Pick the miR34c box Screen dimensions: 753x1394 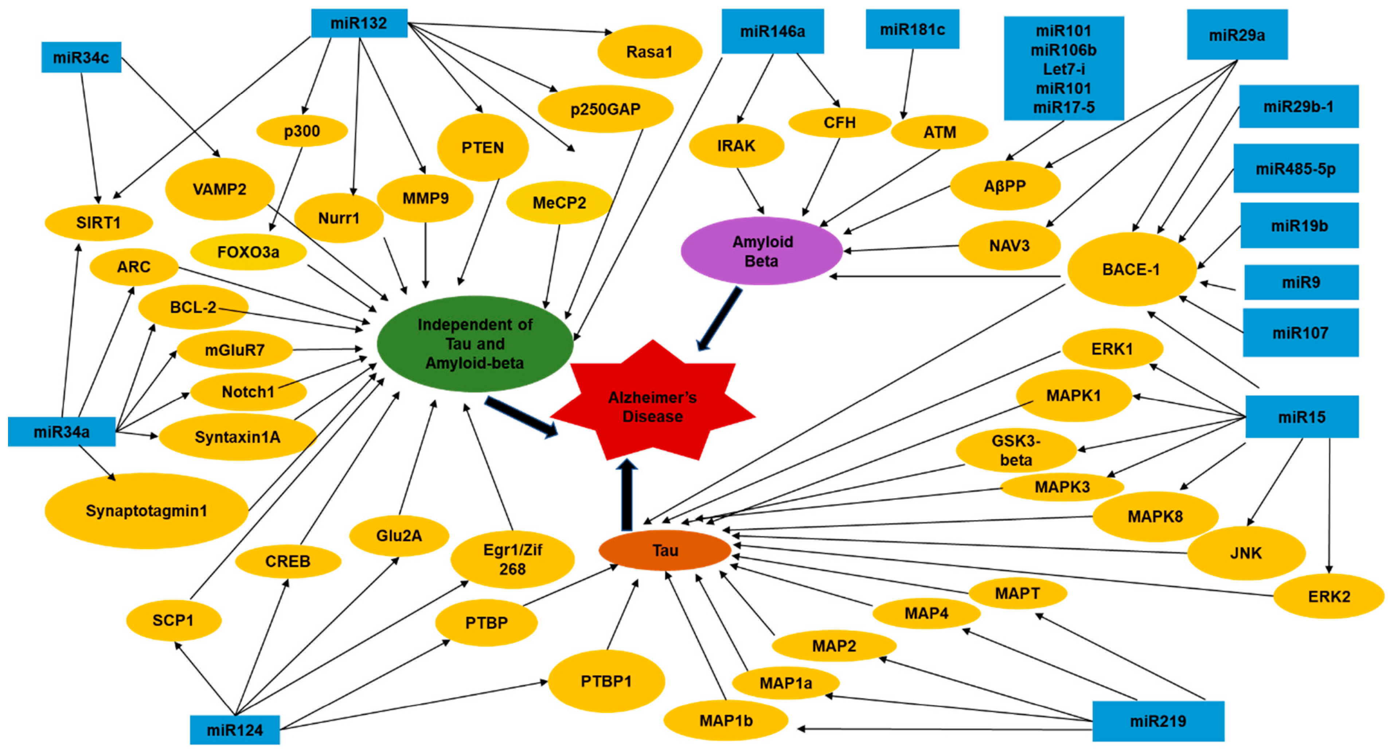pyautogui.click(x=81, y=57)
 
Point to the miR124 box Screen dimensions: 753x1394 pyautogui.click(x=235, y=730)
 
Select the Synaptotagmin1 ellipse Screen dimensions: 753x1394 pyautogui.click(x=146, y=511)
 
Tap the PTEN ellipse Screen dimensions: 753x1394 pyautogui.click(x=482, y=147)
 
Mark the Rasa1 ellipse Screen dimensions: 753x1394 pyautogui.click(x=649, y=52)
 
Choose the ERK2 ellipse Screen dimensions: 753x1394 pyautogui.click(x=1328, y=596)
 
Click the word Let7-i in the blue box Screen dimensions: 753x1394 pyautogui.click(x=1063, y=69)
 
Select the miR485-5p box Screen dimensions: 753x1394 pyautogui.click(x=1296, y=169)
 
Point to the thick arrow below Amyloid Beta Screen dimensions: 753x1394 pyautogui.click(x=720, y=318)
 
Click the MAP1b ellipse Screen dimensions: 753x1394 pyautogui.click(x=725, y=721)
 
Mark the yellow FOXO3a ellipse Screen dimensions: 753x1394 pyautogui.click(x=249, y=252)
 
